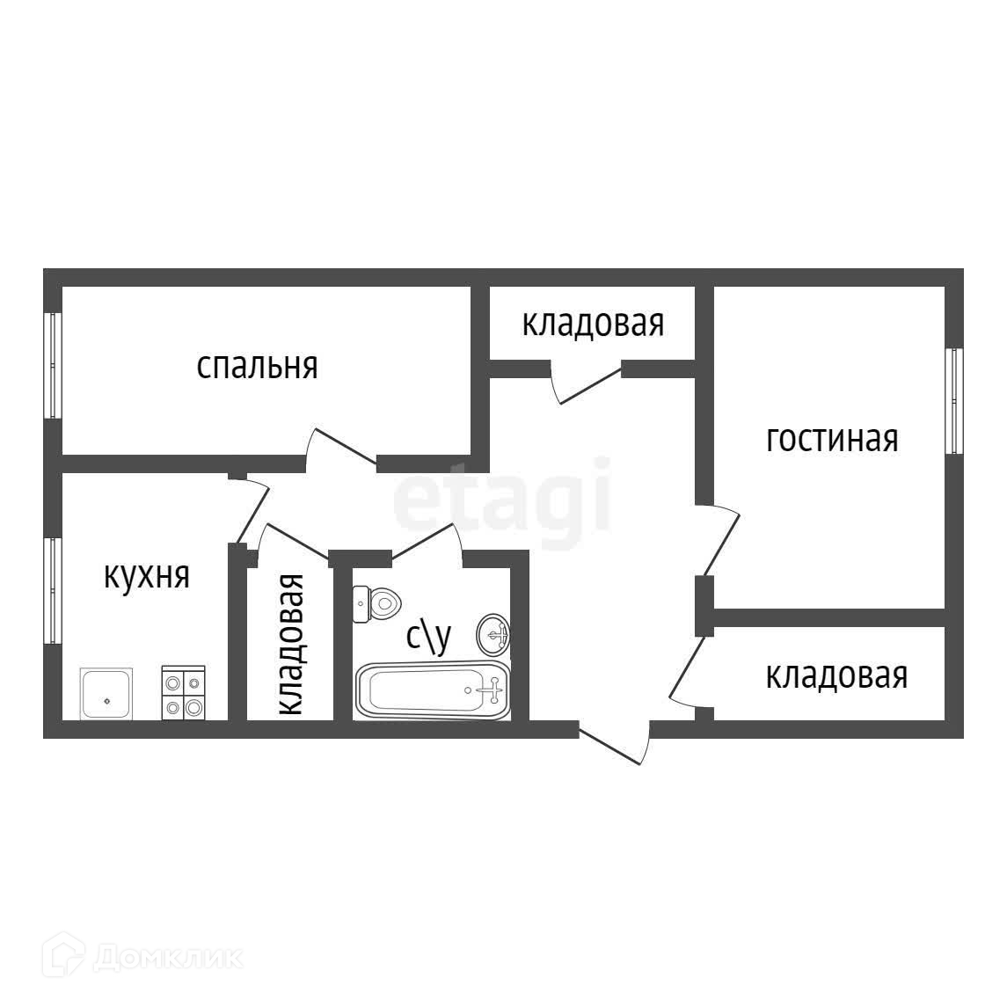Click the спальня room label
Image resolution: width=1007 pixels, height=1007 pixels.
[x=257, y=365]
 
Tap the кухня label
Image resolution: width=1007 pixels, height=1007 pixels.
[x=147, y=577]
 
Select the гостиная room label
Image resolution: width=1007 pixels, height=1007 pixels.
[x=832, y=438]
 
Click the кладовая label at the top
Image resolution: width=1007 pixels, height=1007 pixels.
[x=593, y=324]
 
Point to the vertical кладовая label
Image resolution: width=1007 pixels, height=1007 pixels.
[x=290, y=644]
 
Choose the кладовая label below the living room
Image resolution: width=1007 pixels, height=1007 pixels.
[x=836, y=675]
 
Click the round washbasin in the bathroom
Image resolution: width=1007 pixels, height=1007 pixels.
[x=494, y=633]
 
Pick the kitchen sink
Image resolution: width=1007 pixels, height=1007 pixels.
[x=106, y=694]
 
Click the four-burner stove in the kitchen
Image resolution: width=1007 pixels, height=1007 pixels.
[x=184, y=693]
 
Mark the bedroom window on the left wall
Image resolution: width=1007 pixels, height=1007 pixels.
[x=53, y=365]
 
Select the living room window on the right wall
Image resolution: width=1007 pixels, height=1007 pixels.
[x=953, y=401]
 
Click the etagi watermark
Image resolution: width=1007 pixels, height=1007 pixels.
[x=501, y=497]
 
